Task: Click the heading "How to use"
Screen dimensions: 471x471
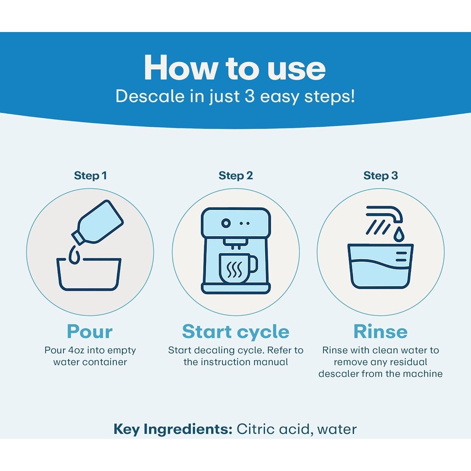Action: [x=235, y=68]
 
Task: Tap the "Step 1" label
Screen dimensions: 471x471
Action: [x=90, y=176]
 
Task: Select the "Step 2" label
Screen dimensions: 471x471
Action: [x=236, y=176]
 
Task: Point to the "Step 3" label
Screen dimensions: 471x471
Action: [x=381, y=176]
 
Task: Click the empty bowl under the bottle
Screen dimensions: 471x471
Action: [x=89, y=274]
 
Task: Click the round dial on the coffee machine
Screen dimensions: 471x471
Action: [x=226, y=223]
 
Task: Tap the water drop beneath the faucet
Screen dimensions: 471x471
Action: [x=399, y=235]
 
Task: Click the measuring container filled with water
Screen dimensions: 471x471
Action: [x=381, y=266]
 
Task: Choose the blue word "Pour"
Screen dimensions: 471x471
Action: [x=90, y=332]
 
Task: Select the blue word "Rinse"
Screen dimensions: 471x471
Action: [x=381, y=332]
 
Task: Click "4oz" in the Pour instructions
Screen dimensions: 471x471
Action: [x=76, y=350]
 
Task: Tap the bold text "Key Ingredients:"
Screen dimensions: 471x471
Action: [x=173, y=429]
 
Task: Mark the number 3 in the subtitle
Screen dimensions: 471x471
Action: [x=250, y=96]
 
